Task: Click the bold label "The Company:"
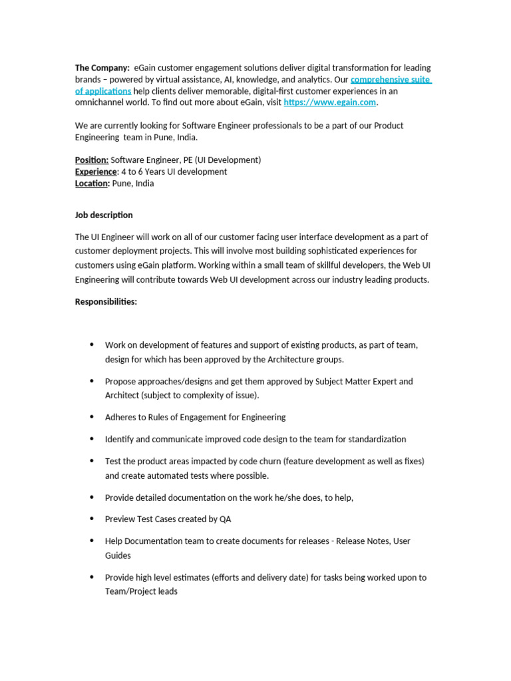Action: click(102, 68)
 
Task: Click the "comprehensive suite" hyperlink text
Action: click(391, 80)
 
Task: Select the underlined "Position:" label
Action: click(92, 160)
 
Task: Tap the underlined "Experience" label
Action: click(96, 172)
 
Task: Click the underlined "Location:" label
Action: click(92, 184)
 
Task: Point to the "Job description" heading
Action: click(104, 215)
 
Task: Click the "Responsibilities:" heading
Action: click(106, 302)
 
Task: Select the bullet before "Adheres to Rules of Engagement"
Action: click(92, 417)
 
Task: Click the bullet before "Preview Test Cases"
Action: click(92, 519)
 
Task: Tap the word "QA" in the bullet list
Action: click(225, 519)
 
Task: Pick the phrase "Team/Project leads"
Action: click(141, 591)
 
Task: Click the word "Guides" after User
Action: click(118, 555)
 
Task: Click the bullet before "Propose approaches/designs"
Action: click(92, 381)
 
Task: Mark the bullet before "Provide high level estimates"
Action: click(92, 577)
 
